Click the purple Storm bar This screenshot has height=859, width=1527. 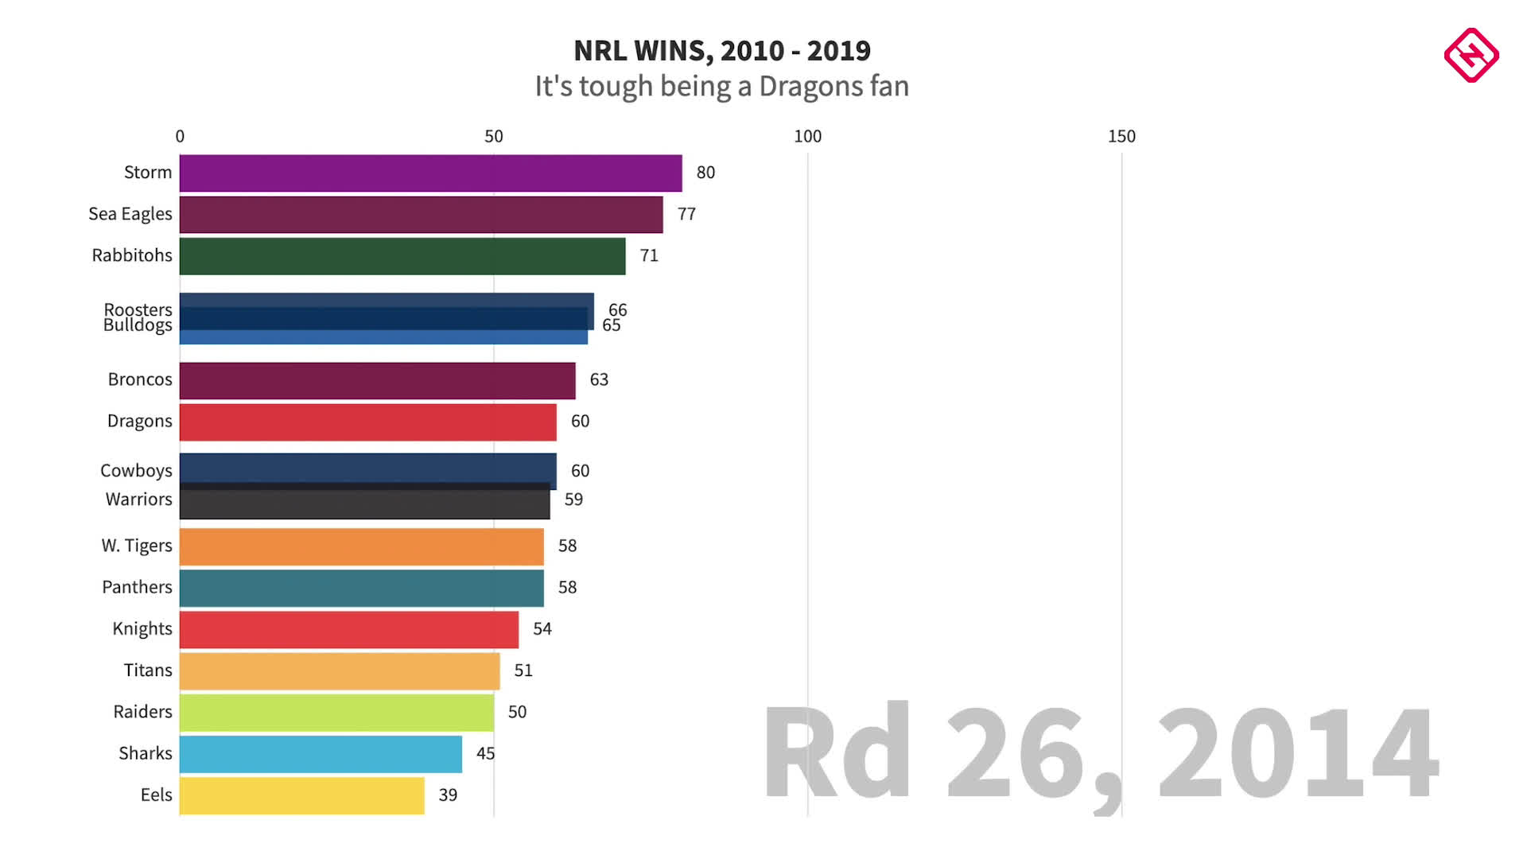430,173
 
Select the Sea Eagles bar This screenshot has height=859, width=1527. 421,215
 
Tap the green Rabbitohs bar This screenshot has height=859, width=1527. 402,256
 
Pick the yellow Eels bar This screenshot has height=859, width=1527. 302,795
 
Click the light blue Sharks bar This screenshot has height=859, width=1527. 321,754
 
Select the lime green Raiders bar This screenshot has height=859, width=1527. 336,713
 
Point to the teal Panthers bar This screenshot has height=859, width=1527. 362,588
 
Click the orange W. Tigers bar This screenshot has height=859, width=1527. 362,546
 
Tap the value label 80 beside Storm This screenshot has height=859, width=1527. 705,173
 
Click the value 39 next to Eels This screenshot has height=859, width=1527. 448,795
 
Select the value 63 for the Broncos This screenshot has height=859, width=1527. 599,380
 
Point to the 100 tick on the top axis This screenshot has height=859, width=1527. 807,136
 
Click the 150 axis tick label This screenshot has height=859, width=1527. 1121,136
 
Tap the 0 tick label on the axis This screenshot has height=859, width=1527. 180,136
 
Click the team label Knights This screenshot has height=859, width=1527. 142,629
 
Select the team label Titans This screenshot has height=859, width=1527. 148,670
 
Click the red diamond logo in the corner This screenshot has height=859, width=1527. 1471,55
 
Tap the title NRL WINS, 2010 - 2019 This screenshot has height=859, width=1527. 722,51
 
